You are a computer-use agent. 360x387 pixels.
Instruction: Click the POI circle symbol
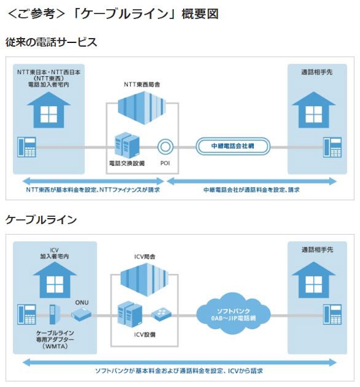(165, 146)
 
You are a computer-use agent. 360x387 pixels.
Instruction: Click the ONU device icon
(81, 316)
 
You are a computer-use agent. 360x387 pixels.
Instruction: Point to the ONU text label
(82, 302)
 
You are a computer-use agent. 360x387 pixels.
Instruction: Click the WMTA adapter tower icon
(52, 315)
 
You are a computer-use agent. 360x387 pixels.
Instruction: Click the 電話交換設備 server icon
(127, 143)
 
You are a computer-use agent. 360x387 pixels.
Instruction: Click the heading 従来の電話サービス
(51, 42)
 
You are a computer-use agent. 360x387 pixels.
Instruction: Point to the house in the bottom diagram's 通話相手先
(313, 278)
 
